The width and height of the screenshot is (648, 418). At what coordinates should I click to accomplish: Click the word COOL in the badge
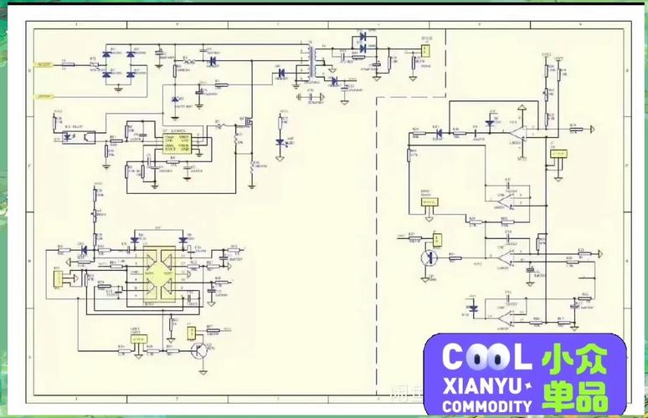(x=486, y=358)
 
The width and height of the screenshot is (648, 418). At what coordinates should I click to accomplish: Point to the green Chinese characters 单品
(x=574, y=395)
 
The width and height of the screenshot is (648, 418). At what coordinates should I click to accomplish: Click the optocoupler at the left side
(x=66, y=135)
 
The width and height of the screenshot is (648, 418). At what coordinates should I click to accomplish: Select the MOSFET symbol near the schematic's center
(x=248, y=125)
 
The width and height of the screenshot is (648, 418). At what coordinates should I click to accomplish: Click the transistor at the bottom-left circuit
(x=198, y=350)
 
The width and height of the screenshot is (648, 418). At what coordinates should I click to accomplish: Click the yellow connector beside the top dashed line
(x=424, y=51)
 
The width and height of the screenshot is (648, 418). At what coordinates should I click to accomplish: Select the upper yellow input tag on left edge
(x=43, y=64)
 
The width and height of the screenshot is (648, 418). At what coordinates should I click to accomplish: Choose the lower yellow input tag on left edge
(x=43, y=96)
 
